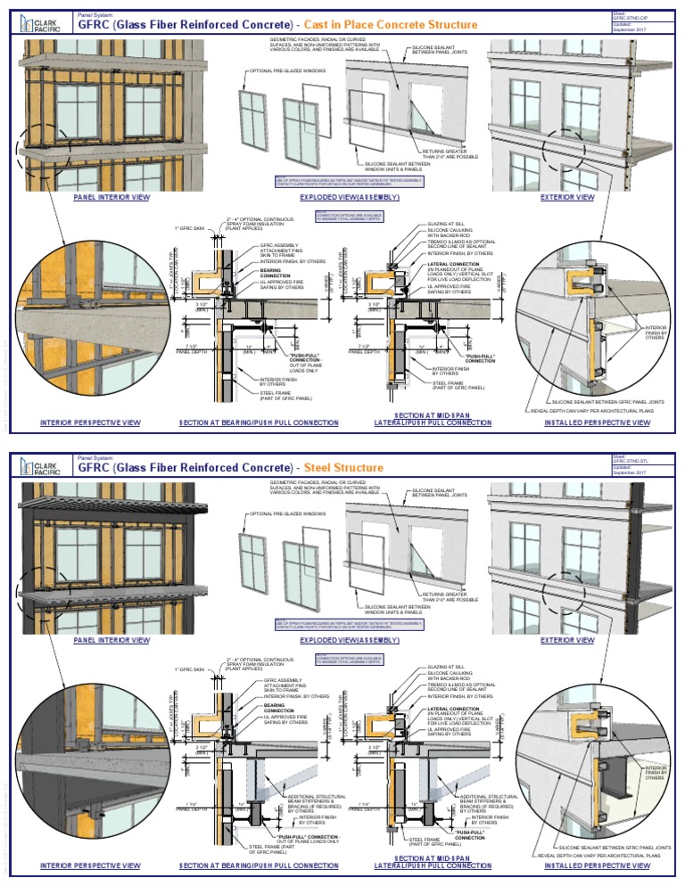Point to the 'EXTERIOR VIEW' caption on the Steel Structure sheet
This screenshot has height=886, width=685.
pyautogui.click(x=568, y=640)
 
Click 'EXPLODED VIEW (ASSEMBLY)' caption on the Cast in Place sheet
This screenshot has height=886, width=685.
pyautogui.click(x=349, y=197)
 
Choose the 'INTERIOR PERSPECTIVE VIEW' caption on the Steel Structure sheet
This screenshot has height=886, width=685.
pyautogui.click(x=90, y=865)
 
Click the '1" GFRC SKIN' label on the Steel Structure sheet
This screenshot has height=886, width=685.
pyautogui.click(x=189, y=669)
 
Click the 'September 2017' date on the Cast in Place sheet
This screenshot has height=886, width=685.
pyautogui.click(x=631, y=29)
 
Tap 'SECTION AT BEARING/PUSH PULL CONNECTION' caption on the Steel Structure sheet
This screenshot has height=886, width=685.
pyautogui.click(x=259, y=865)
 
